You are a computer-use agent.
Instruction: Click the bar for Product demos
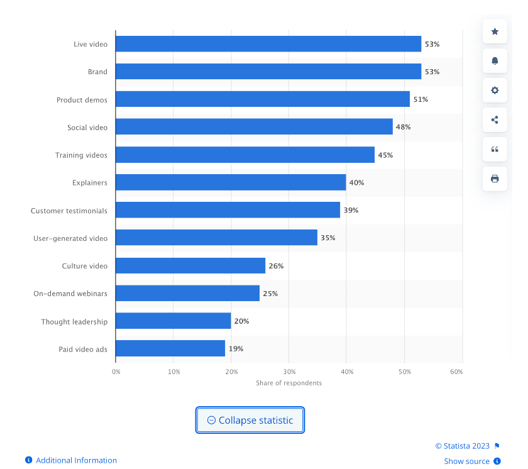click(262, 99)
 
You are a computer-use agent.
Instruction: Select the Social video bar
click(254, 127)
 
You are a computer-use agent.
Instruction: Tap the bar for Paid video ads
click(170, 348)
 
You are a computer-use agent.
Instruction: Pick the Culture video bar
click(190, 266)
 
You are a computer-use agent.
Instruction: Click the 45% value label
click(385, 155)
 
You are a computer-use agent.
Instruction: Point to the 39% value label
click(351, 210)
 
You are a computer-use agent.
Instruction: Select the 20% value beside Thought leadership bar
click(241, 321)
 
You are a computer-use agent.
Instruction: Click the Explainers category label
click(89, 183)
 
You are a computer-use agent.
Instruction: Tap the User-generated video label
click(70, 238)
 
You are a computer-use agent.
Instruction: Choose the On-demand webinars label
click(70, 294)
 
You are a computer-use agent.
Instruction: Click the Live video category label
click(91, 44)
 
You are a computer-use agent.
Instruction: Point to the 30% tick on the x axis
click(289, 372)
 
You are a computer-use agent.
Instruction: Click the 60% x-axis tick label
click(456, 372)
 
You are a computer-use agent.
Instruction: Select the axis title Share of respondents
click(289, 383)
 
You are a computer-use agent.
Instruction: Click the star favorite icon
click(495, 31)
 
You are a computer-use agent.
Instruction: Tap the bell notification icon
click(495, 61)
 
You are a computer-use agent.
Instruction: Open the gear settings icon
click(495, 91)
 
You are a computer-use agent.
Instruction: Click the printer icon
click(495, 179)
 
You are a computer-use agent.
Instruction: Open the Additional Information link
click(76, 460)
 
